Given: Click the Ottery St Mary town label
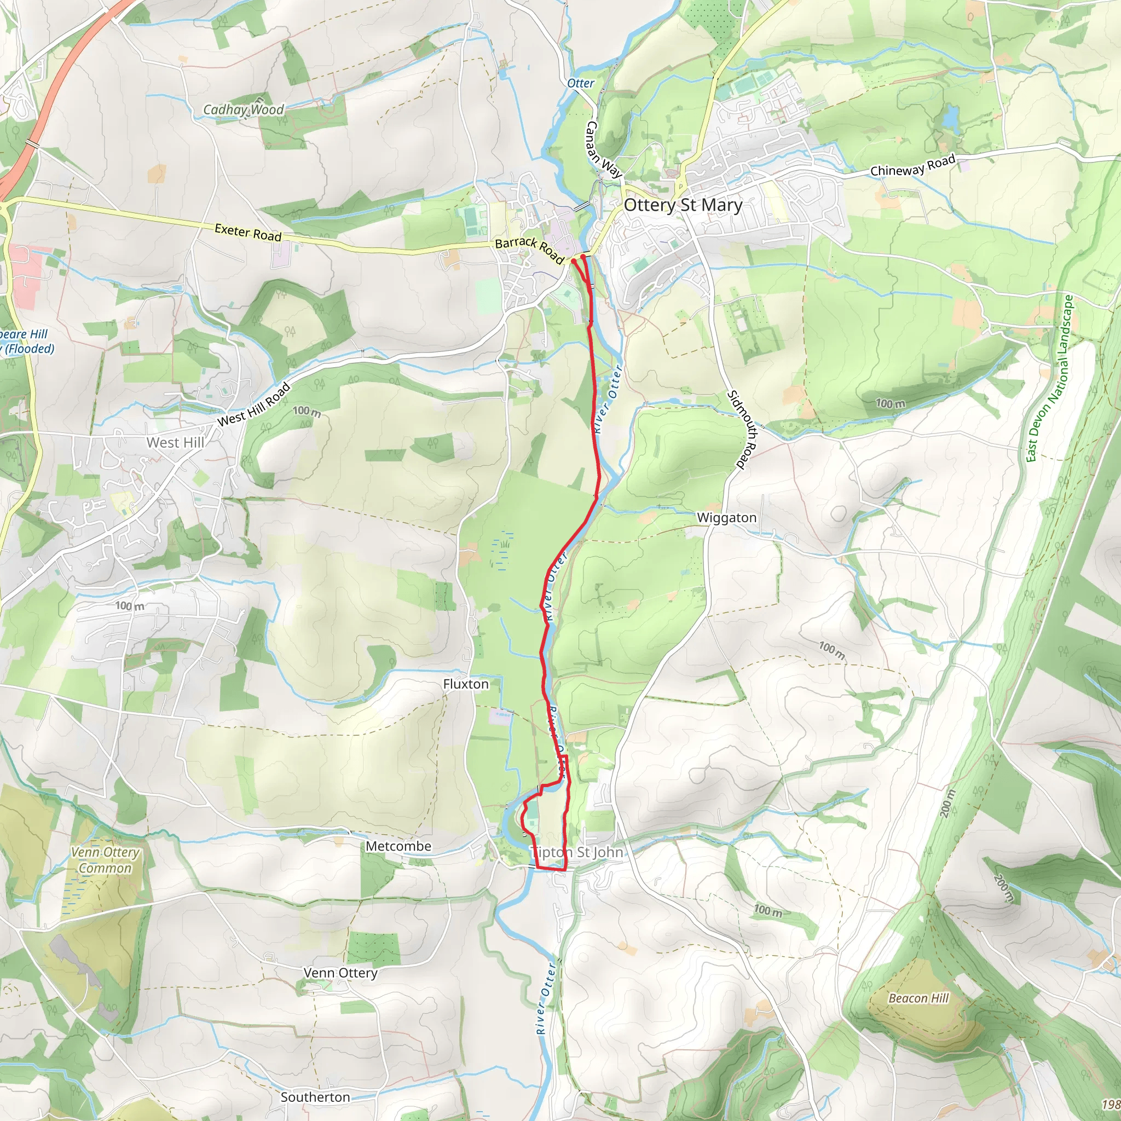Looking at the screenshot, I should tap(683, 205).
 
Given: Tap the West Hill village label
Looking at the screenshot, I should tap(175, 443).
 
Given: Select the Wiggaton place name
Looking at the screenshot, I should tap(726, 518).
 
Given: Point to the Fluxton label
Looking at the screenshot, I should tap(466, 684).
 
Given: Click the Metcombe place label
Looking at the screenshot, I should tap(398, 846).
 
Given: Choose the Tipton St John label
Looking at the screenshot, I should tap(577, 852).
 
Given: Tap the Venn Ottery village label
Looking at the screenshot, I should tap(340, 973).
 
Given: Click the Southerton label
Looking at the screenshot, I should tap(315, 1097).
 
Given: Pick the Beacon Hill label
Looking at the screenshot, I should tap(918, 998).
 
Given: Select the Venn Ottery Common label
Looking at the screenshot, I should tap(106, 860).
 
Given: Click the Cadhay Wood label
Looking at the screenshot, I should tap(244, 109).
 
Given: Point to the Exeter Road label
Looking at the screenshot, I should tap(248, 232).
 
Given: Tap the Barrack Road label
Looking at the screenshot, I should tap(529, 249).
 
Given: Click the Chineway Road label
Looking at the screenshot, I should tap(912, 165).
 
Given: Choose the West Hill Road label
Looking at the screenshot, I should tap(253, 405).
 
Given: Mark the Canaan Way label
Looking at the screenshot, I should tap(603, 149).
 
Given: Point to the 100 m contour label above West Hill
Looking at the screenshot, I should tap(307, 412).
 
